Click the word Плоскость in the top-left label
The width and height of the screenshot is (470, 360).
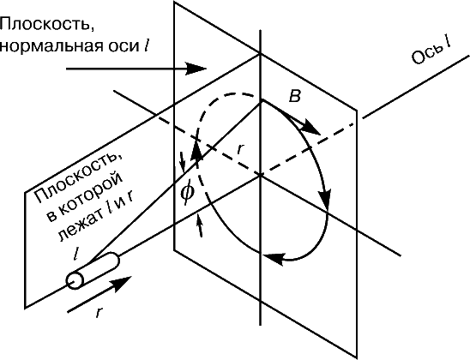47,25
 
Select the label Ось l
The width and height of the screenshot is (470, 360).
431,52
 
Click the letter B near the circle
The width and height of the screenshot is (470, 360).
294,97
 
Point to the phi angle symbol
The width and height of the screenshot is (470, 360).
187,192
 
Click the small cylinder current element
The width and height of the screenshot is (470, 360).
93,271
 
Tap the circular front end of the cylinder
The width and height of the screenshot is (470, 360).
75,281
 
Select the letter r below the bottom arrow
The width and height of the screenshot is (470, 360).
99,313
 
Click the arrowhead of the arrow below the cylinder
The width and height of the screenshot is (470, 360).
122,283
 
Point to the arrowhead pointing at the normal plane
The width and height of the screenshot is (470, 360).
196,69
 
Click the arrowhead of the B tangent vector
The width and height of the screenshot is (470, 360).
310,129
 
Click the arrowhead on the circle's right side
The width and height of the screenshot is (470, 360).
325,198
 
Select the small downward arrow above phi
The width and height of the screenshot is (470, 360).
182,162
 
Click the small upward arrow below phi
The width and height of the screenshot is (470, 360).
199,225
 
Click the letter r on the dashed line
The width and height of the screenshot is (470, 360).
241,148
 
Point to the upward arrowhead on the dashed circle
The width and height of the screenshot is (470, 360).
196,152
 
